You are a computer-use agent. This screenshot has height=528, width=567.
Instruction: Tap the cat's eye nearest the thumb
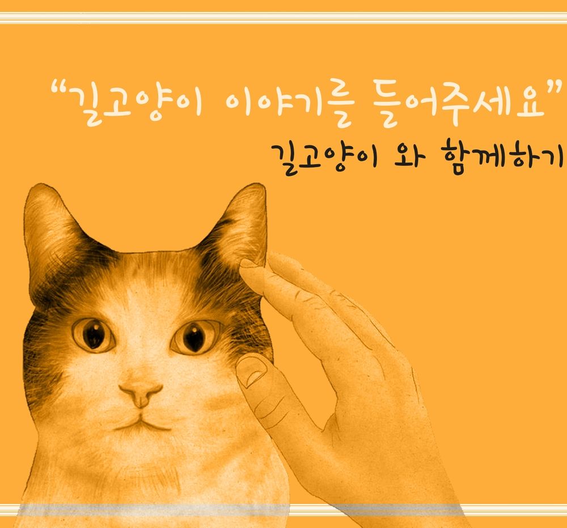coord(195,336)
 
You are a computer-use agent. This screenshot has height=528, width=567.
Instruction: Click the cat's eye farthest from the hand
coord(94,334)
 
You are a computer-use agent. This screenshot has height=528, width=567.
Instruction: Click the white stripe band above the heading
coord(283,18)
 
